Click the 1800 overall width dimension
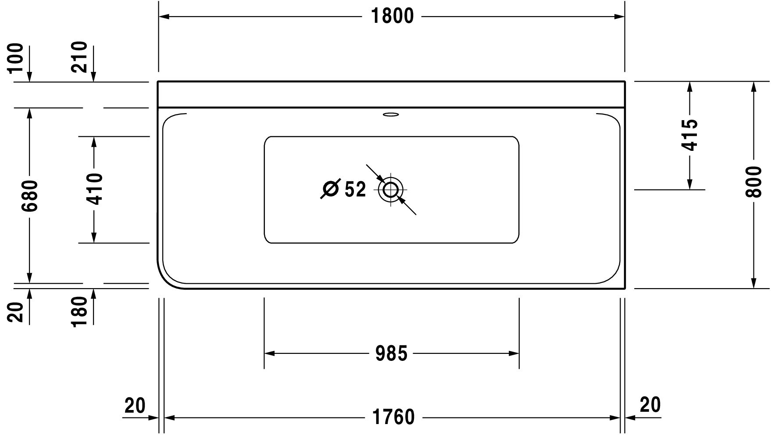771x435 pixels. (x=392, y=17)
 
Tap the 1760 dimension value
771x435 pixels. (x=393, y=417)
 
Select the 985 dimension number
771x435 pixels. (x=391, y=353)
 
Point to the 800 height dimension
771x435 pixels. (x=754, y=182)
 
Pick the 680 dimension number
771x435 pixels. (x=30, y=196)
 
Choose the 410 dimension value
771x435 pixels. (x=94, y=189)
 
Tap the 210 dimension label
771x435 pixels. (x=80, y=57)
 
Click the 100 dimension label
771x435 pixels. (x=16, y=58)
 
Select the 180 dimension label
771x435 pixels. (x=80, y=311)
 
